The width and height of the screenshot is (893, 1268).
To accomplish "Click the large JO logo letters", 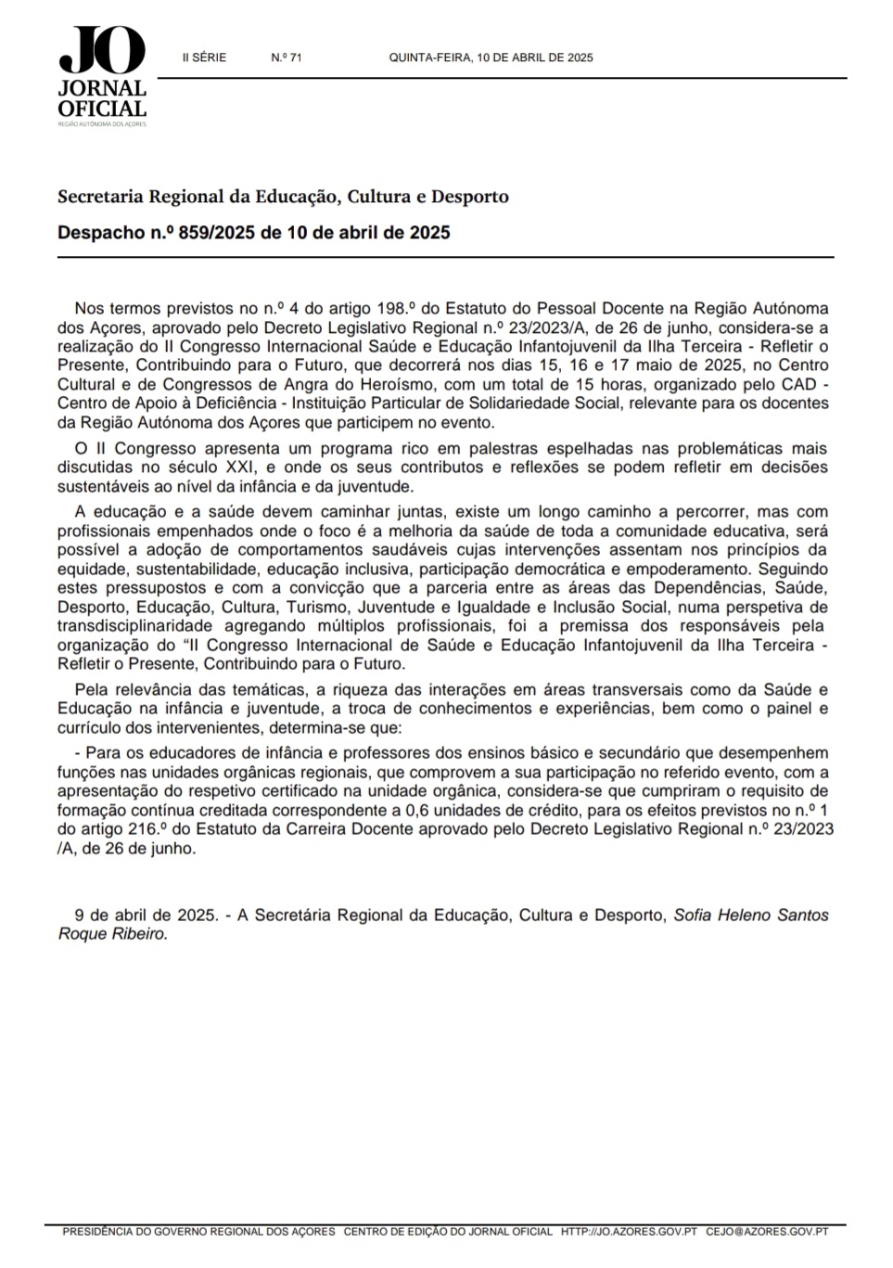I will [x=102, y=51].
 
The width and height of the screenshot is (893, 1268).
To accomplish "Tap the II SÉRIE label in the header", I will [x=204, y=58].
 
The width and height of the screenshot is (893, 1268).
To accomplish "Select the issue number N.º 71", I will [x=287, y=58].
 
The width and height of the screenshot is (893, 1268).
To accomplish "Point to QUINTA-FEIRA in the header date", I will [x=430, y=58].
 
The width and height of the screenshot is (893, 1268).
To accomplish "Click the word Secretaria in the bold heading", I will [x=100, y=197].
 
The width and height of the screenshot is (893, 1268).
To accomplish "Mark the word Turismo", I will [x=316, y=608].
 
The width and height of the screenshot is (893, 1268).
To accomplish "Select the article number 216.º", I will [x=154, y=829].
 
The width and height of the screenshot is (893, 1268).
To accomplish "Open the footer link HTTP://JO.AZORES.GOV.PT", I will [x=629, y=1232].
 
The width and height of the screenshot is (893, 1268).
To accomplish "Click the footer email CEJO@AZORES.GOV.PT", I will [x=767, y=1232].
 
